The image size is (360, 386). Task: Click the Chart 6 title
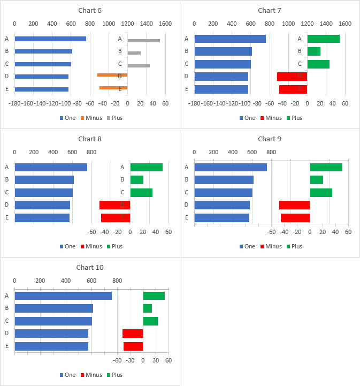[x=89, y=11]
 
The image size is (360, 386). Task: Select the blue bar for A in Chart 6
[x=50, y=39]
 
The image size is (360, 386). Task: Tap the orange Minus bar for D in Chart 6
[x=112, y=75]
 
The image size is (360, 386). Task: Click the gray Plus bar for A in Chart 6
[x=143, y=41]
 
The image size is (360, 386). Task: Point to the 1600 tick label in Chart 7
[x=345, y=24]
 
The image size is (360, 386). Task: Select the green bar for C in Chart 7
[x=318, y=64]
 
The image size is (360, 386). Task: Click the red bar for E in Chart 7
[x=293, y=89]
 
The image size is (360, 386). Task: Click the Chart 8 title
[x=89, y=139]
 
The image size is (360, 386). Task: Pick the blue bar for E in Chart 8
[x=42, y=218]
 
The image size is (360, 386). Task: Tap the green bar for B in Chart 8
[x=136, y=180]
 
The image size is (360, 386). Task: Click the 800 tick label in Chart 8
[x=91, y=152]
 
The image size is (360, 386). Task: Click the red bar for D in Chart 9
[x=294, y=205]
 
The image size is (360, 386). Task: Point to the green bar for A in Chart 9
[x=326, y=167]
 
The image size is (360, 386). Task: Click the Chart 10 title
[x=89, y=268]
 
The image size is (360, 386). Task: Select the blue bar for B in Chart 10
[x=53, y=308]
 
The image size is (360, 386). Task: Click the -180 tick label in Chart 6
[x=14, y=103]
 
